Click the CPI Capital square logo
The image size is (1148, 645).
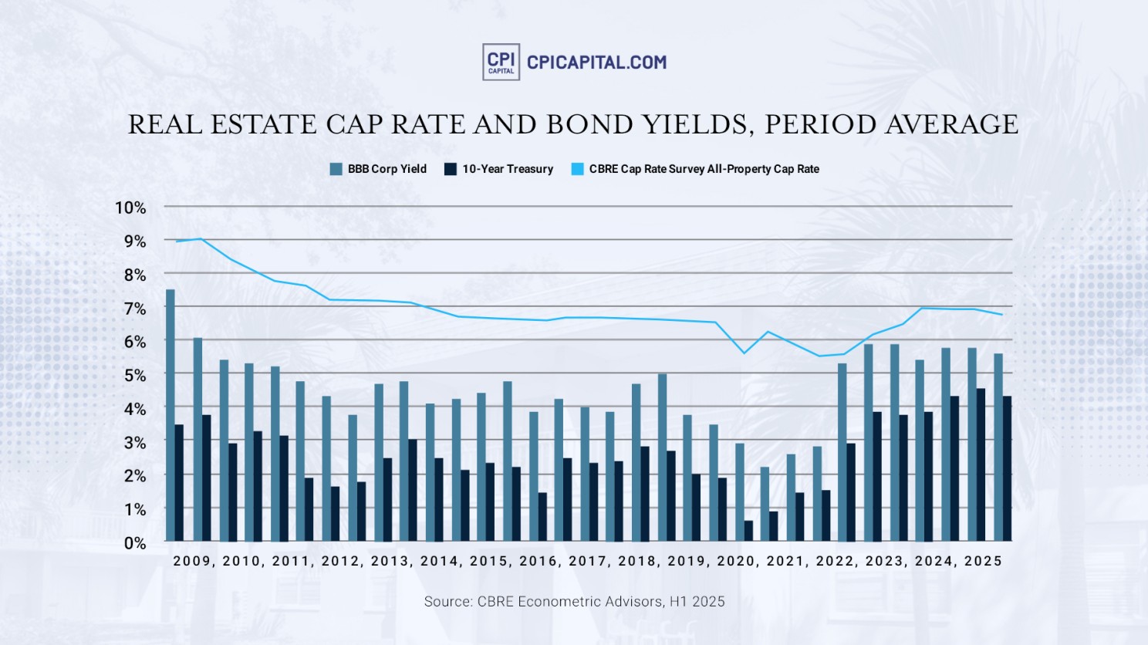(501, 62)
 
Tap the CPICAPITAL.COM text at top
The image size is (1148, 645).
(596, 62)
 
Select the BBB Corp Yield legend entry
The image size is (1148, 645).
(379, 169)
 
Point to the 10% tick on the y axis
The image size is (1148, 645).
(130, 208)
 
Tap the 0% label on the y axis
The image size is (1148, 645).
(135, 543)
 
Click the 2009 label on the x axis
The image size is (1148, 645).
(191, 561)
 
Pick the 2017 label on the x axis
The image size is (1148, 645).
(587, 561)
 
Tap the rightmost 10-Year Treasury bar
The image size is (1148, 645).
(1007, 468)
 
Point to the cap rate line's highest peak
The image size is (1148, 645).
(201, 239)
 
